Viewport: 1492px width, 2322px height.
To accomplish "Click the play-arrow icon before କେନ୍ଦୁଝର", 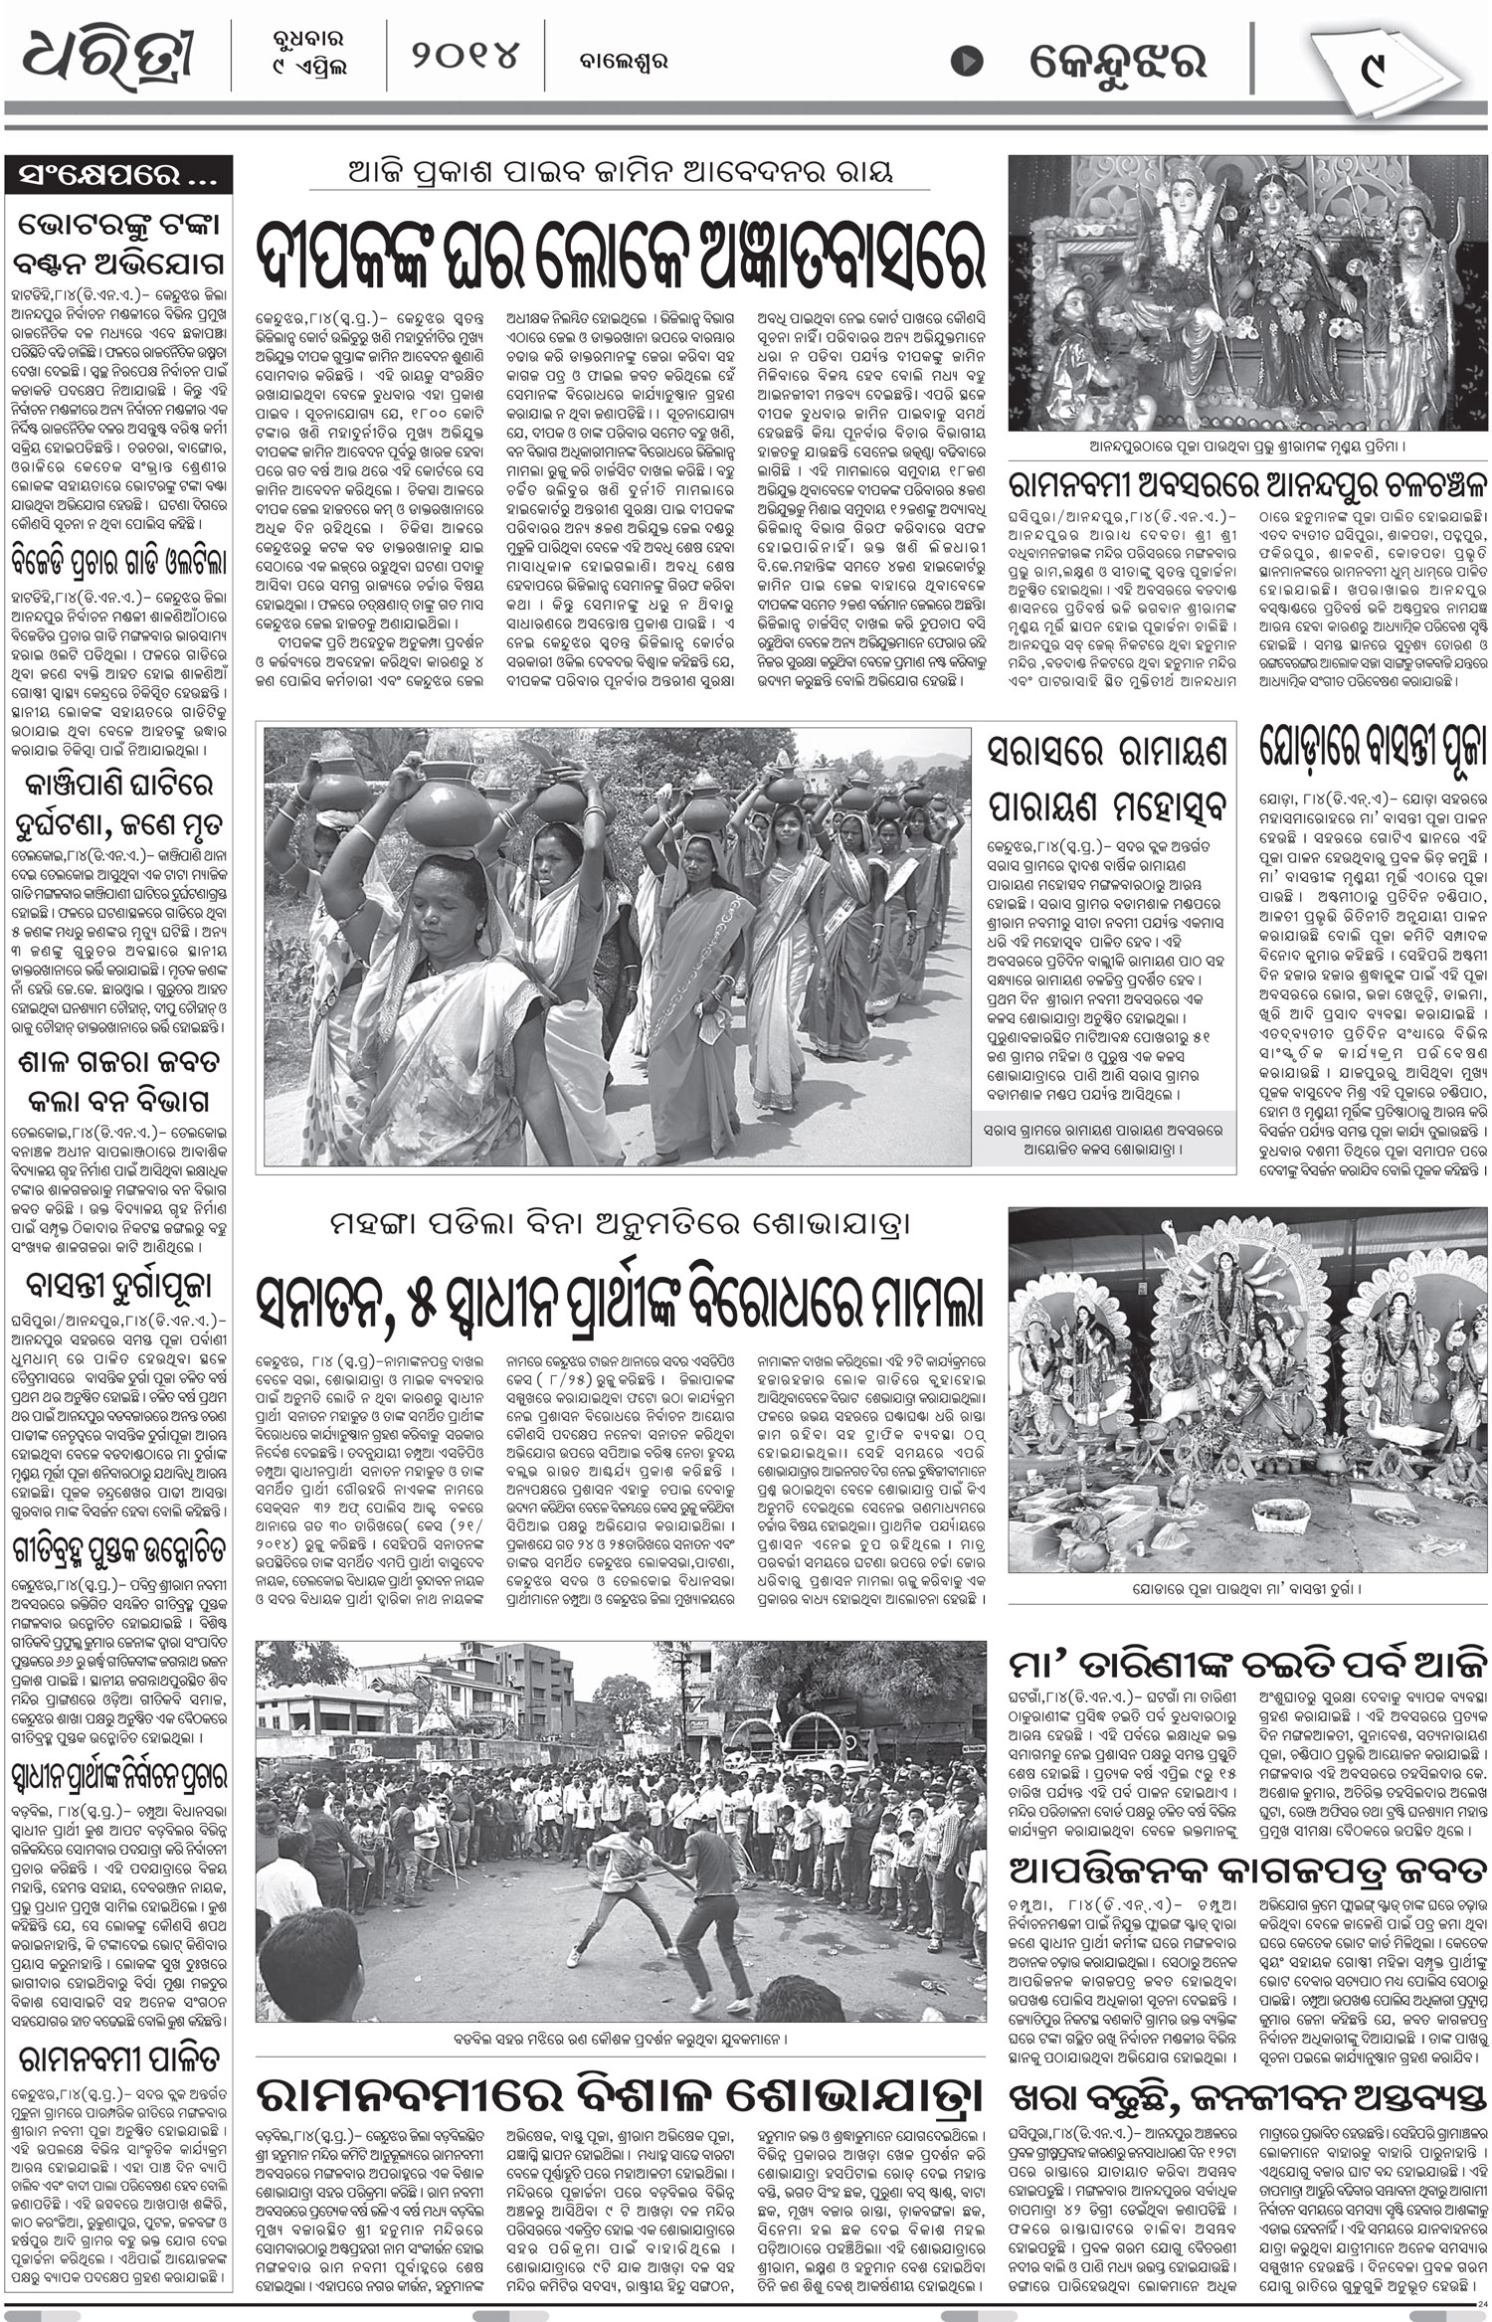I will click(x=964, y=62).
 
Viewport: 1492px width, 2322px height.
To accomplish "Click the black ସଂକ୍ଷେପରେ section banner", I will click(x=118, y=177).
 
